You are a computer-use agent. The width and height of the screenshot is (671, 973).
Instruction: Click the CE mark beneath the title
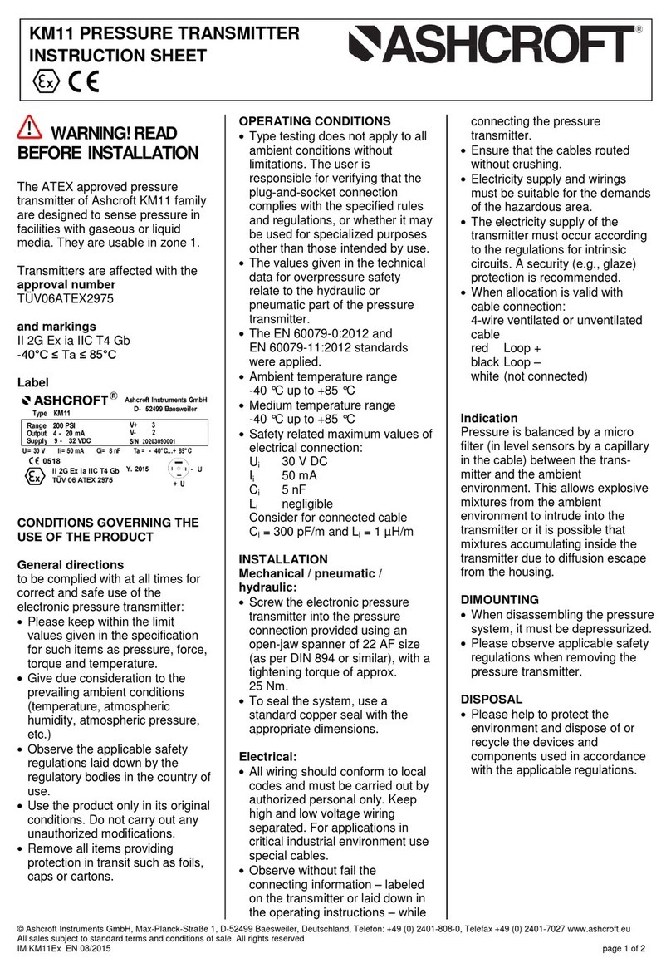coord(82,82)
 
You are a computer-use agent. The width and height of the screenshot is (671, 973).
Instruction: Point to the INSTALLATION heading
coord(283,559)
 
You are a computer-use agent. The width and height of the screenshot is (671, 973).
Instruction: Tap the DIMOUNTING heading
coord(499,599)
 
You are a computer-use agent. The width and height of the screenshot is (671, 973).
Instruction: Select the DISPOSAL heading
coord(491,700)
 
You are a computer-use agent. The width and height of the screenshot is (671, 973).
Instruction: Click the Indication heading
coord(488,418)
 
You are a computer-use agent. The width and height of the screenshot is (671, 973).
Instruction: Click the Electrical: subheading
coord(267,757)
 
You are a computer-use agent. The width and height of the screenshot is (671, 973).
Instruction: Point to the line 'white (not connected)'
coord(529,376)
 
